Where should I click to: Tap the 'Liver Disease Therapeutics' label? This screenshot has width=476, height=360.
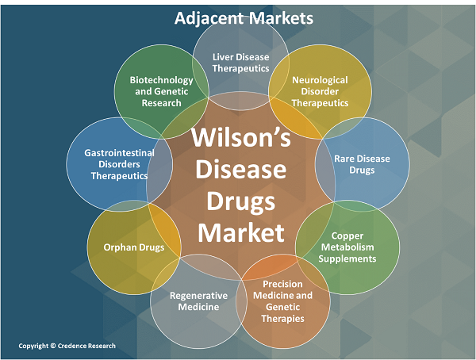pos(241,63)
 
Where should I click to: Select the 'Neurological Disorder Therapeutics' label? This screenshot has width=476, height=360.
pos(320,92)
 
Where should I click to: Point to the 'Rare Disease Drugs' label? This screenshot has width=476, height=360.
pos(363,164)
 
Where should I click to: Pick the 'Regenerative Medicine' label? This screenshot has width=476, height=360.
pos(199,301)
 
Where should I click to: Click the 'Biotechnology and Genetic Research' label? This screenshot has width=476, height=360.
pos(163,92)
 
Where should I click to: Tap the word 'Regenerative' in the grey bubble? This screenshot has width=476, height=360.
pos(199,296)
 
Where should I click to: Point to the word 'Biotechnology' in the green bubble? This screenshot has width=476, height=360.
pos(163,81)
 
